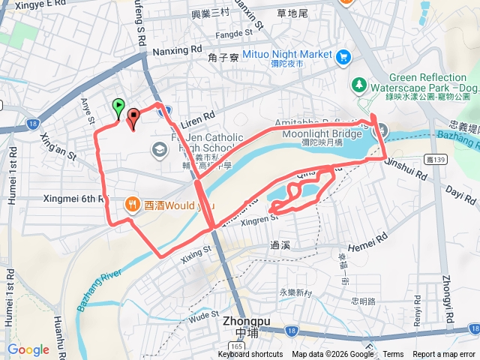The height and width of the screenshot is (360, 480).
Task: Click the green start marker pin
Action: click(x=118, y=107)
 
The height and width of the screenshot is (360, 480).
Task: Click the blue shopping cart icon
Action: click(x=343, y=56)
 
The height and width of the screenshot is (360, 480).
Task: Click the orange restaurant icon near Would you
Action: click(x=131, y=202)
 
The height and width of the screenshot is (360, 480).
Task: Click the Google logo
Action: click(x=28, y=349)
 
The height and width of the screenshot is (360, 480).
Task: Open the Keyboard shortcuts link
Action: click(x=250, y=355)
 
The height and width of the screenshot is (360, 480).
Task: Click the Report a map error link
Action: click(x=444, y=355)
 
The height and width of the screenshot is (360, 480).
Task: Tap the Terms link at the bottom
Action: click(x=393, y=355)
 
